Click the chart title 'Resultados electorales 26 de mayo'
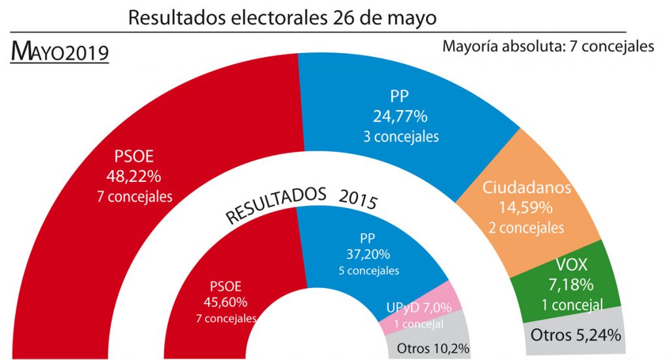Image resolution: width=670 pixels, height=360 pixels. tap(282, 17)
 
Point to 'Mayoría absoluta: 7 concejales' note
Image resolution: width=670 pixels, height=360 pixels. tap(548, 47)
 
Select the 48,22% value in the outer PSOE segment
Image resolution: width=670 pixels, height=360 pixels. tap(133, 175)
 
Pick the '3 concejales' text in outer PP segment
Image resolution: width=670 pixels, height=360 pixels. tap(400, 137)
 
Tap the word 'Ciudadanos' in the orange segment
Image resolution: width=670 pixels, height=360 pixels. tap(527, 188)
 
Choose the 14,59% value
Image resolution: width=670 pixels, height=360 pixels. tap(527, 208)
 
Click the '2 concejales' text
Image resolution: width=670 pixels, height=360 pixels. tap(527, 228)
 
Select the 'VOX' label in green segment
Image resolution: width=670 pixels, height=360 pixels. tap(573, 266)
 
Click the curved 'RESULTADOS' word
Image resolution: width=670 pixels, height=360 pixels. tap(275, 206)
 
